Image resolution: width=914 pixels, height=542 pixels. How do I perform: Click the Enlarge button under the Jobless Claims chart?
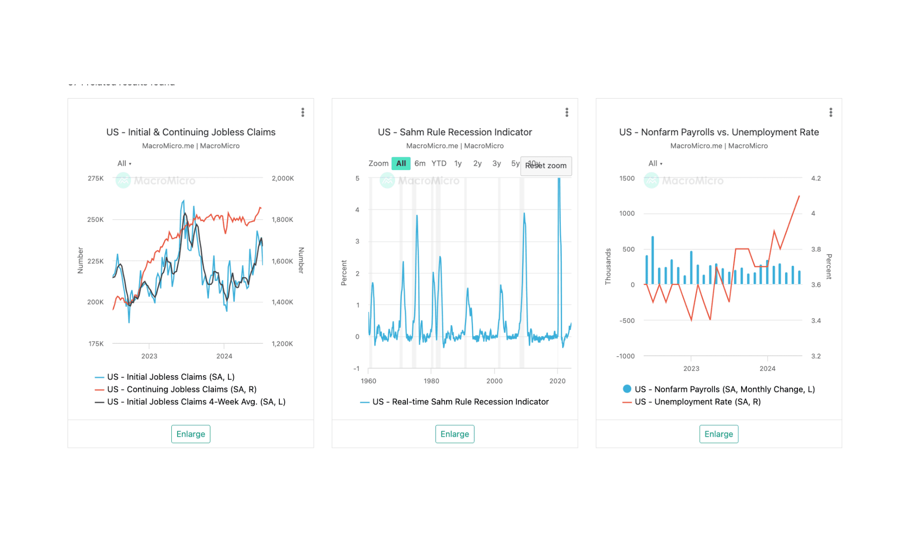[x=190, y=434]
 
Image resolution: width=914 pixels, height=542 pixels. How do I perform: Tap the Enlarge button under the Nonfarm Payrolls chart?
[x=718, y=434]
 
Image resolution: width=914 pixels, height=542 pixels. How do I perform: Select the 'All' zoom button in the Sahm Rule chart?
[x=401, y=163]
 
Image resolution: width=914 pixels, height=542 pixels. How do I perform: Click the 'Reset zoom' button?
[x=546, y=166]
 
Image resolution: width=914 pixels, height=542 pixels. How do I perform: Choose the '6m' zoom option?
[x=420, y=163]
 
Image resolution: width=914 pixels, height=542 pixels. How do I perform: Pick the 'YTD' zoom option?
[x=439, y=163]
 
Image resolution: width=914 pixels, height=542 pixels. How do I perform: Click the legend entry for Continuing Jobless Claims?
[x=181, y=389]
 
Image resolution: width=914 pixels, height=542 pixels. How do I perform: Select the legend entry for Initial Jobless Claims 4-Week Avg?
[x=196, y=401]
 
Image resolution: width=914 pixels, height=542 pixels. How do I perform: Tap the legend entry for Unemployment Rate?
[x=697, y=401]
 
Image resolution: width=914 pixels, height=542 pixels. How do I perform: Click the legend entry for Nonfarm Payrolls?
[x=725, y=389]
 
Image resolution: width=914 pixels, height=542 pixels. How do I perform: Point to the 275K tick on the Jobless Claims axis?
[x=96, y=178]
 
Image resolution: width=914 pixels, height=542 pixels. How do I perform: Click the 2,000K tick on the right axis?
[x=283, y=178]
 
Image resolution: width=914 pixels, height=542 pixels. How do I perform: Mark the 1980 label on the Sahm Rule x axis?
[x=431, y=381]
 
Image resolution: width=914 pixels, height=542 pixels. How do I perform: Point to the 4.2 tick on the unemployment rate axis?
[x=816, y=178]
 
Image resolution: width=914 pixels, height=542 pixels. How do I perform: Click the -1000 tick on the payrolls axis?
[x=626, y=356]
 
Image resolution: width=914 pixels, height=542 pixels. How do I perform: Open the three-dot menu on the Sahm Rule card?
[x=566, y=112]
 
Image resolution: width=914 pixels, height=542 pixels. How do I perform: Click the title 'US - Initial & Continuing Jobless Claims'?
[x=190, y=132]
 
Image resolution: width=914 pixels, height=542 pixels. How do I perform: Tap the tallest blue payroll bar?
[x=653, y=260]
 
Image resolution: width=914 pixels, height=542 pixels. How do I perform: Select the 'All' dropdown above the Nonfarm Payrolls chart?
[x=655, y=163]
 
